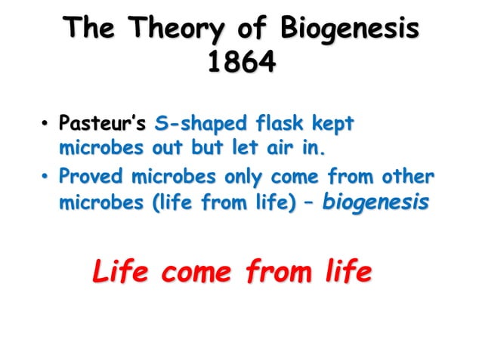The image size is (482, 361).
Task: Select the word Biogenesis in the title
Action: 349,30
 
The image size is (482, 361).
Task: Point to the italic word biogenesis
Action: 376,202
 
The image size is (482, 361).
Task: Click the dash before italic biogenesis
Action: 308,202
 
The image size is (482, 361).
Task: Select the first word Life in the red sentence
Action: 121,272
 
